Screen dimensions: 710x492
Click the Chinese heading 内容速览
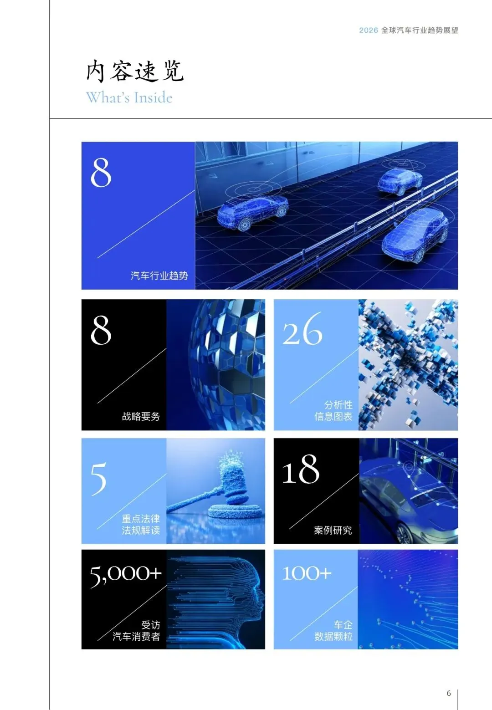tap(135, 72)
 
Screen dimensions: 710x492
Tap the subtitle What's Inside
tap(129, 97)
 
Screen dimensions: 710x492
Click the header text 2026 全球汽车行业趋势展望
tap(408, 30)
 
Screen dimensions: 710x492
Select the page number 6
tap(449, 693)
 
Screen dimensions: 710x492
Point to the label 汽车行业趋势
tap(159, 276)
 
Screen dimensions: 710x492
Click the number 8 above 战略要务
tap(101, 330)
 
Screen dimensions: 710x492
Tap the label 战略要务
tap(141, 416)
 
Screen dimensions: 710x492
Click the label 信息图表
tap(333, 416)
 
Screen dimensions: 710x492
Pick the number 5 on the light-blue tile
tap(98, 479)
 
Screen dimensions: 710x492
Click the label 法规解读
tap(141, 530)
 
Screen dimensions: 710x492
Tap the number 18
tap(301, 470)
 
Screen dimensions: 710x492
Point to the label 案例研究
tap(333, 530)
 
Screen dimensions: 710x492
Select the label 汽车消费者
tap(136, 636)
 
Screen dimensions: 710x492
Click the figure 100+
tap(307, 573)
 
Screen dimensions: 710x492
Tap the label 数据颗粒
tap(333, 636)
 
